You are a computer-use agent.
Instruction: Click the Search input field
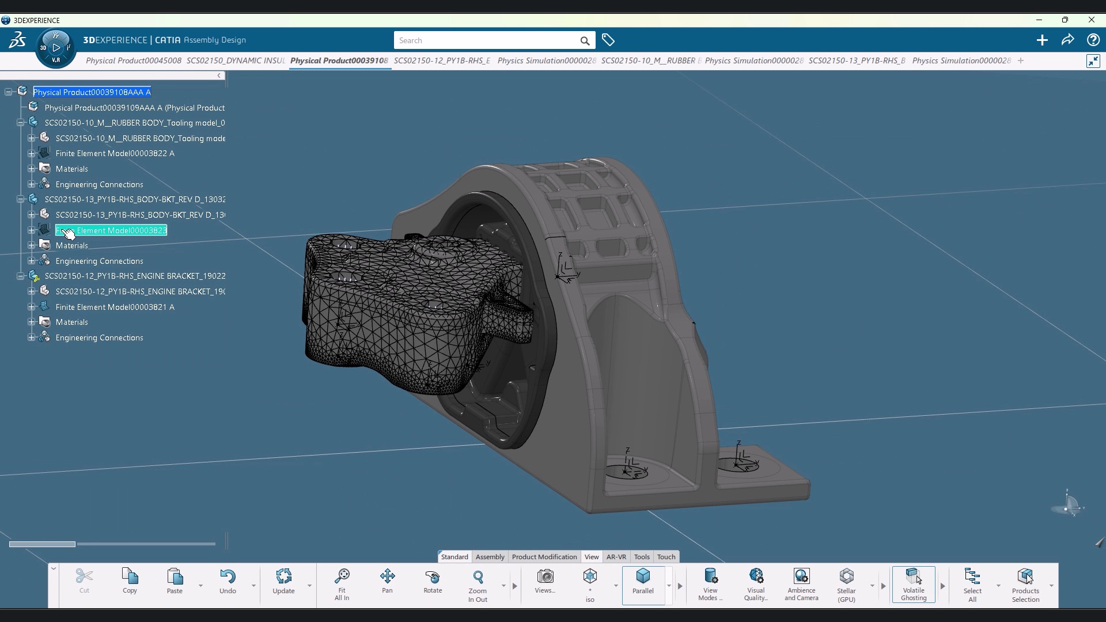[487, 40]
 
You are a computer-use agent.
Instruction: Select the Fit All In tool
[342, 584]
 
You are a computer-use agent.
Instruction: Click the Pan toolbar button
[387, 581]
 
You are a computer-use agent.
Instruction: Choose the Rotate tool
[433, 581]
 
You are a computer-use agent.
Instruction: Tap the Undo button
[228, 581]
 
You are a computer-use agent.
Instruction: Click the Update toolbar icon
[283, 581]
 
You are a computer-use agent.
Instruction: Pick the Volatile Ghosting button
[914, 584]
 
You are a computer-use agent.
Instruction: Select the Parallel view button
[643, 581]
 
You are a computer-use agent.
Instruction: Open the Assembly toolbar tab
[490, 557]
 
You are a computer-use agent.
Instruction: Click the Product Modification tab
[544, 557]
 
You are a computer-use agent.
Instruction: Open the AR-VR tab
[616, 557]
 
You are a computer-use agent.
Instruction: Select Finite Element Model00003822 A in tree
[115, 153]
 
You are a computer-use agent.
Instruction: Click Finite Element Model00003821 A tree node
[115, 307]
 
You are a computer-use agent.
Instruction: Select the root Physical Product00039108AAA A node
[92, 92]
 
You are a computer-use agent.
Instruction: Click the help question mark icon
[1093, 40]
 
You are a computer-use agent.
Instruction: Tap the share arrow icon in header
[1067, 40]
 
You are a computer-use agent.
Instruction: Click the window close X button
[1091, 20]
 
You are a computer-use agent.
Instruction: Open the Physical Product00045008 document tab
[134, 60]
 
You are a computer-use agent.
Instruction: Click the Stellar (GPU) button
[846, 584]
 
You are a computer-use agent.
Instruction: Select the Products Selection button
[1025, 584]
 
